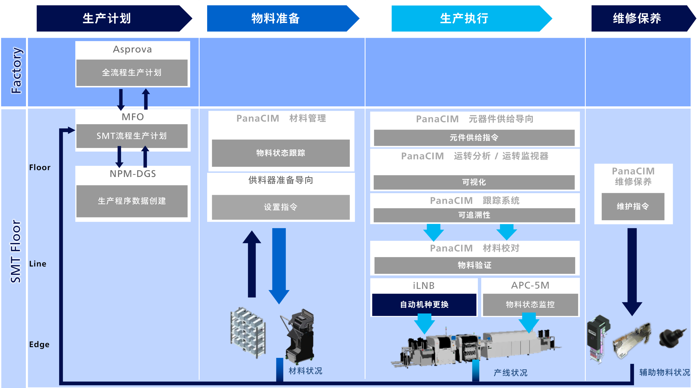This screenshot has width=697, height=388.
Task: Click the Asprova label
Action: pyautogui.click(x=132, y=49)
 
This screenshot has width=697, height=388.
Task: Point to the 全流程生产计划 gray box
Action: pyautogui.click(x=132, y=73)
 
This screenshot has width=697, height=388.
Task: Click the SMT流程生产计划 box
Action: pyautogui.click(x=132, y=136)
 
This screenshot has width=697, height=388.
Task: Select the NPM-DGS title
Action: pyautogui.click(x=133, y=174)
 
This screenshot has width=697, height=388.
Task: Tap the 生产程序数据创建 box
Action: pyautogui.click(x=132, y=201)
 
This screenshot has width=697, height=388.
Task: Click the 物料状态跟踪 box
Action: pyautogui.click(x=281, y=153)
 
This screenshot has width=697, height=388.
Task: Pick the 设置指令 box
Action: pyautogui.click(x=281, y=207)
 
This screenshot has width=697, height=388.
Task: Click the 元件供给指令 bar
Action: pyautogui.click(x=474, y=138)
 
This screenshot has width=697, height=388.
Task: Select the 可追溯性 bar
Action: pyautogui.click(x=474, y=215)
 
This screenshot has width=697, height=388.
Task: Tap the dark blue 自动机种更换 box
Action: pyautogui.click(x=424, y=305)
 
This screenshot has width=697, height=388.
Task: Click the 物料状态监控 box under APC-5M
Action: pyautogui.click(x=530, y=305)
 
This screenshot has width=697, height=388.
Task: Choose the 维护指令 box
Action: pyautogui.click(x=633, y=207)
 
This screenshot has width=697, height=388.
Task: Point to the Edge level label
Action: pyautogui.click(x=39, y=345)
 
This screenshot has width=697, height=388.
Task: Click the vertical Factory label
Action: pyautogui.click(x=16, y=70)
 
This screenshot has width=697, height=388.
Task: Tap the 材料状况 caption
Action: pyautogui.click(x=305, y=371)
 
